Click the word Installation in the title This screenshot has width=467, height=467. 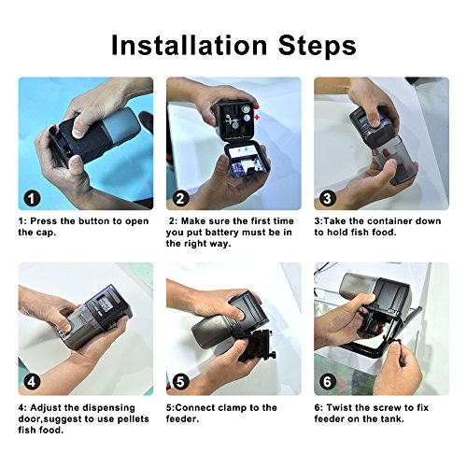point(190,46)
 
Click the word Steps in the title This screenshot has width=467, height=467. point(318,46)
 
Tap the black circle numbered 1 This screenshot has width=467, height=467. point(33,198)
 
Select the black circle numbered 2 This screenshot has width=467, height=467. point(180,198)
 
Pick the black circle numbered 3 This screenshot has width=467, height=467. point(328,198)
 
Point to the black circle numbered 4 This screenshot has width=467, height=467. point(33,382)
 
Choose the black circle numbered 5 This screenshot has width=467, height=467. point(180,382)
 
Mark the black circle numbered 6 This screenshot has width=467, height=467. point(328,382)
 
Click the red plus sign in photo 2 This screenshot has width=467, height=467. point(257,118)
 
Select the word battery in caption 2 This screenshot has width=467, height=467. point(222,233)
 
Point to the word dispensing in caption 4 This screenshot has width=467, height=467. point(106,408)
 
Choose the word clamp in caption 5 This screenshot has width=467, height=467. point(231,408)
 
